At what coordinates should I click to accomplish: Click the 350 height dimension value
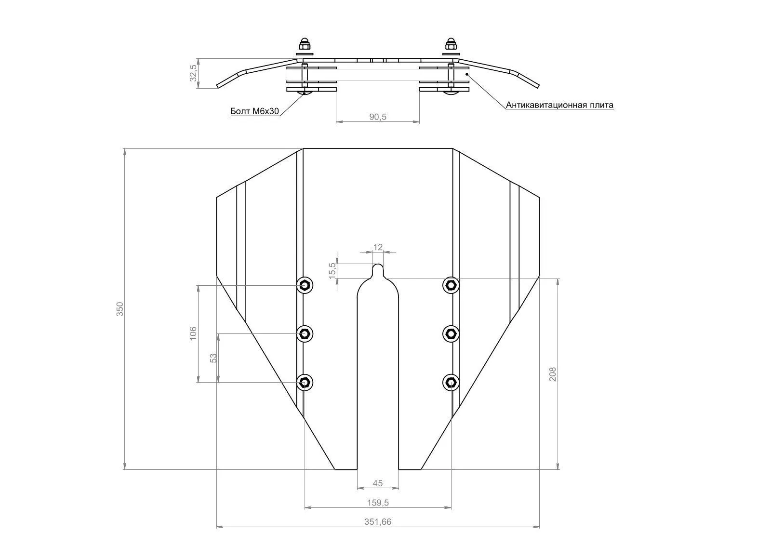click(x=120, y=309)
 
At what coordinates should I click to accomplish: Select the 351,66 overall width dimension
click(x=378, y=521)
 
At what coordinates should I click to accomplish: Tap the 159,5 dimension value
click(x=378, y=503)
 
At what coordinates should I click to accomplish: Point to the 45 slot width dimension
click(x=378, y=483)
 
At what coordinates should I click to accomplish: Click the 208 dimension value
click(x=552, y=374)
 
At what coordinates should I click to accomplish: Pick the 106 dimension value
click(x=193, y=333)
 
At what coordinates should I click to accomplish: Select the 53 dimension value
click(x=213, y=358)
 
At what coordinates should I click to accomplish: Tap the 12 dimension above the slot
click(x=378, y=247)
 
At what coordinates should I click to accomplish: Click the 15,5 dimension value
click(x=332, y=271)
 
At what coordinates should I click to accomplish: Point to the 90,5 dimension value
click(x=378, y=117)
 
